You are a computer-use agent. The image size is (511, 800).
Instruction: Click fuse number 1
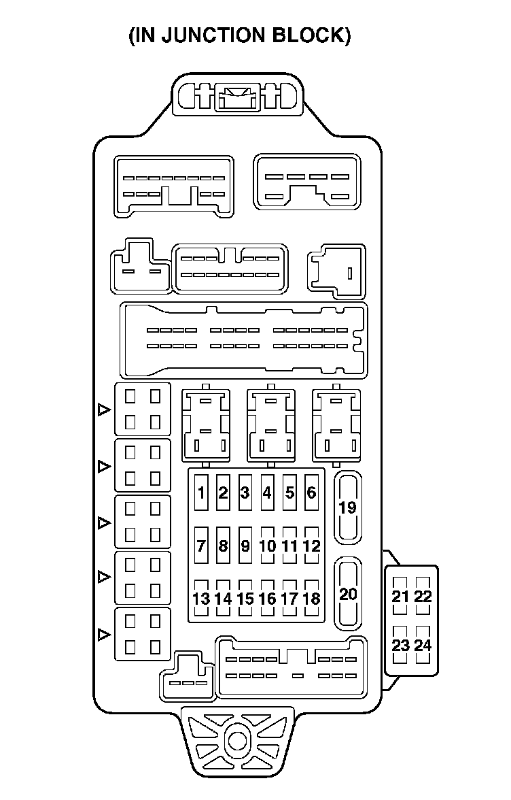pos(201,493)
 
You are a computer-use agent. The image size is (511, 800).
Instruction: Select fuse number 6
pos(312,493)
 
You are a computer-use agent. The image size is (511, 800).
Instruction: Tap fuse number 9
pos(245,546)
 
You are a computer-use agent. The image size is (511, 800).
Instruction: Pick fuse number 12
pos(312,546)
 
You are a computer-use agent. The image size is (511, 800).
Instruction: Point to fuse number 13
pos(201,599)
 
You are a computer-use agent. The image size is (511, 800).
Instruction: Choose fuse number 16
pos(268,599)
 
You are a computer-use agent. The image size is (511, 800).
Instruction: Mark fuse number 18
pos(312,599)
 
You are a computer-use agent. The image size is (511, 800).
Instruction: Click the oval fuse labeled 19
pos(347,507)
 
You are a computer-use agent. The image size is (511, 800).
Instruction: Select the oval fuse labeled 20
pos(347,594)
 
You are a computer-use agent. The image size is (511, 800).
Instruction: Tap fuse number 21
pos(401,597)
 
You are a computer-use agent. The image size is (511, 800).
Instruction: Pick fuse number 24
pos(423,644)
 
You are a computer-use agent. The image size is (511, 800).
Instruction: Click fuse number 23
pos(401,644)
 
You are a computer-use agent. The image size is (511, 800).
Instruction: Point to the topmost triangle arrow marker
pos(103,410)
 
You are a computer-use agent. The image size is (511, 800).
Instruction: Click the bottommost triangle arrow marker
pos(103,635)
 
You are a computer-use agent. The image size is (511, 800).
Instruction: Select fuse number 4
pos(268,493)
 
